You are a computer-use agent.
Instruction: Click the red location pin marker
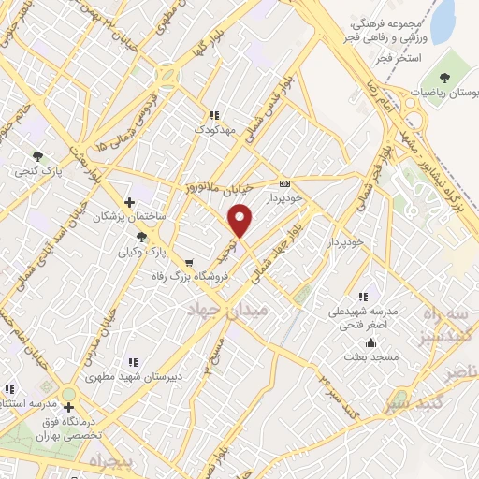point(241,221)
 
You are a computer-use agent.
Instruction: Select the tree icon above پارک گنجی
point(37,156)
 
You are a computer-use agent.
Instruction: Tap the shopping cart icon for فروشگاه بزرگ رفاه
point(190,264)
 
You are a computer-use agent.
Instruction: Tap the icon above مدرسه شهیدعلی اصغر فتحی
point(363,298)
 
